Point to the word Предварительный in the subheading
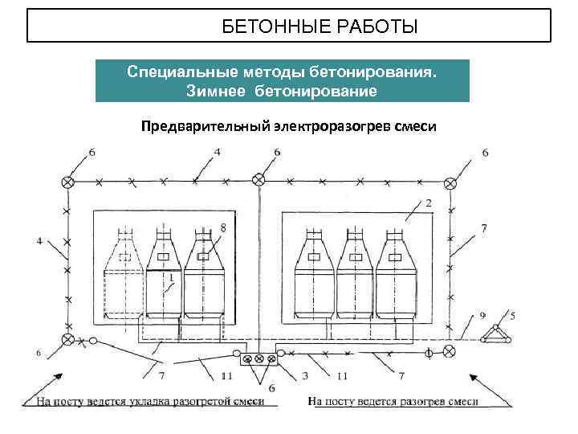(x=206, y=126)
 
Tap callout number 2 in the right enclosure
(x=429, y=203)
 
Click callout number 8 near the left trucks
(x=222, y=228)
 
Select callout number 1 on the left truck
(x=171, y=277)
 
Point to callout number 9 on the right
(x=482, y=314)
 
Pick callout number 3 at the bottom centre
(x=306, y=375)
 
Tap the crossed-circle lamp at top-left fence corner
(x=67, y=183)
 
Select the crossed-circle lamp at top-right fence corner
(x=451, y=183)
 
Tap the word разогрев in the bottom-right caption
(x=420, y=401)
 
